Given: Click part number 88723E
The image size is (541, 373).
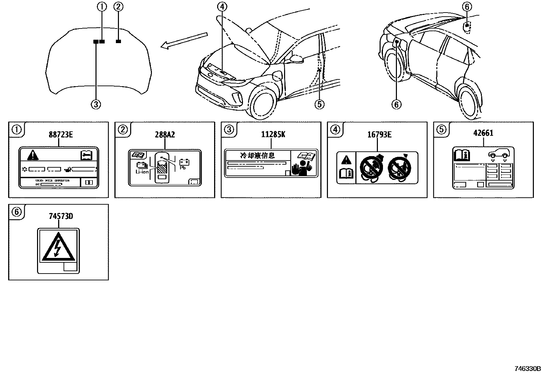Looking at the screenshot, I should (x=61, y=135).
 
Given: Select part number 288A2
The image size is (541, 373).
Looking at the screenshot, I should (x=165, y=135).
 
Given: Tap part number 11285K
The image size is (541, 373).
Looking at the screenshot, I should (x=273, y=135).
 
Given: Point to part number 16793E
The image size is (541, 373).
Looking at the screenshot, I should (x=379, y=135).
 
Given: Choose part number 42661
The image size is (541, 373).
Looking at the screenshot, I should (x=483, y=133).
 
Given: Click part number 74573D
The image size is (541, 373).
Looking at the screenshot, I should (x=61, y=216).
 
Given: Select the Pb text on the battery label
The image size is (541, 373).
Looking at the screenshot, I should (x=182, y=168).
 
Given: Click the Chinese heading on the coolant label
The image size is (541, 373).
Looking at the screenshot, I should (x=257, y=155).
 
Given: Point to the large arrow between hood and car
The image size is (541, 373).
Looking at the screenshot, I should (x=184, y=40).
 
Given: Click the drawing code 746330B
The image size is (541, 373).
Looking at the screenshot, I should (x=526, y=369).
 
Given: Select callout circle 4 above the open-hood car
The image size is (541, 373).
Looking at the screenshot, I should (x=222, y=6).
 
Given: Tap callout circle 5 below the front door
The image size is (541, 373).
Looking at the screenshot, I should (x=319, y=104).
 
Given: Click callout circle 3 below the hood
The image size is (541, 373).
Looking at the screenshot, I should (x=96, y=104).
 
